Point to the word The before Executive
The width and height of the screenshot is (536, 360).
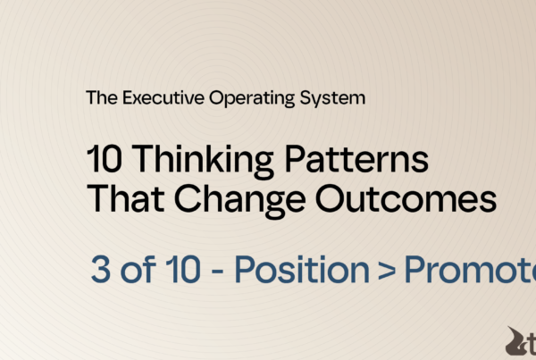[x=99, y=98]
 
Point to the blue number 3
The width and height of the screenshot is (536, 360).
[x=101, y=269]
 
